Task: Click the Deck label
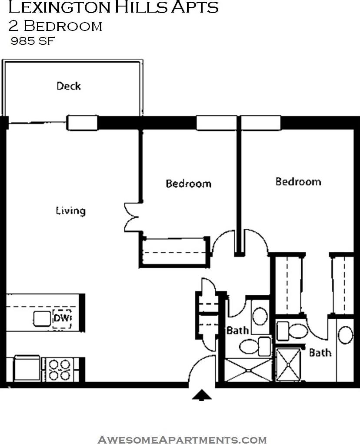pyautogui.click(x=69, y=86)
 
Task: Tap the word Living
pyautogui.click(x=70, y=211)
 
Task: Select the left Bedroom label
pyautogui.click(x=188, y=184)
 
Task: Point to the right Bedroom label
pyautogui.click(x=298, y=181)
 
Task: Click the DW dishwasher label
pyautogui.click(x=62, y=319)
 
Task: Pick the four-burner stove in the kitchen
pyautogui.click(x=60, y=369)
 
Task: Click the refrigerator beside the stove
pyautogui.click(x=27, y=369)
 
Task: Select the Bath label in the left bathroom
pyautogui.click(x=237, y=330)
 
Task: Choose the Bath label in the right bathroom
pyautogui.click(x=320, y=352)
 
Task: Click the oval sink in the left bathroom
pyautogui.click(x=260, y=315)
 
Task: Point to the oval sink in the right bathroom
pyautogui.click(x=346, y=335)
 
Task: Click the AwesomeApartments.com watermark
pyautogui.click(x=182, y=439)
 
